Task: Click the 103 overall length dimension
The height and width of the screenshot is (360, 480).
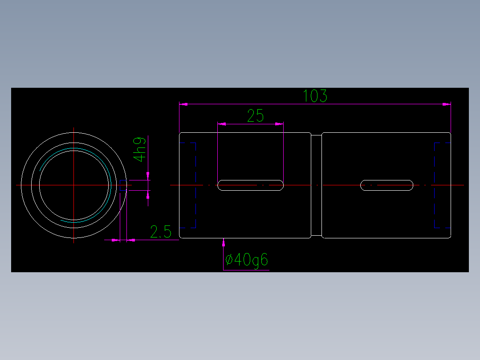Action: [315, 96]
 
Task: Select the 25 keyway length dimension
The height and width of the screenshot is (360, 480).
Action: [256, 116]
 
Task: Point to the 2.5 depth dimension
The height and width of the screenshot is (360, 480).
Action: [161, 232]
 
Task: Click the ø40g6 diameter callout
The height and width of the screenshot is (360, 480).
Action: [247, 260]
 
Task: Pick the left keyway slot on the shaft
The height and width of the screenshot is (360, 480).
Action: [251, 185]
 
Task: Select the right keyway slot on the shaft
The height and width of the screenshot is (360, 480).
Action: [386, 185]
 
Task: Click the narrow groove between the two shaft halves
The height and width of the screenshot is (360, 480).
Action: [316, 185]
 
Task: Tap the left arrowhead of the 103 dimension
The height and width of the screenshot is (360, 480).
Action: [183, 104]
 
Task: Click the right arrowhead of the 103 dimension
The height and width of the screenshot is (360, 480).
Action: [447, 104]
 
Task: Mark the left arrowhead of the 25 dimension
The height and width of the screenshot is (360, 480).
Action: [221, 124]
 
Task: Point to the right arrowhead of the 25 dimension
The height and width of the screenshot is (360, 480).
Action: [280, 124]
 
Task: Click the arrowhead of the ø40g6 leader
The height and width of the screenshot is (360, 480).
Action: [224, 241]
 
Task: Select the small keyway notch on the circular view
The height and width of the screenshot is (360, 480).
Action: [123, 185]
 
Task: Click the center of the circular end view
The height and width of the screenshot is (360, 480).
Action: [74, 184]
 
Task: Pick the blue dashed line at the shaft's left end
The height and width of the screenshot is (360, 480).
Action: [187, 143]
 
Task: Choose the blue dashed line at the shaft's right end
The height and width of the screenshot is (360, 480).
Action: [442, 143]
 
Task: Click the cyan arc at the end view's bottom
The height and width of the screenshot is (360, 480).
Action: [76, 221]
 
